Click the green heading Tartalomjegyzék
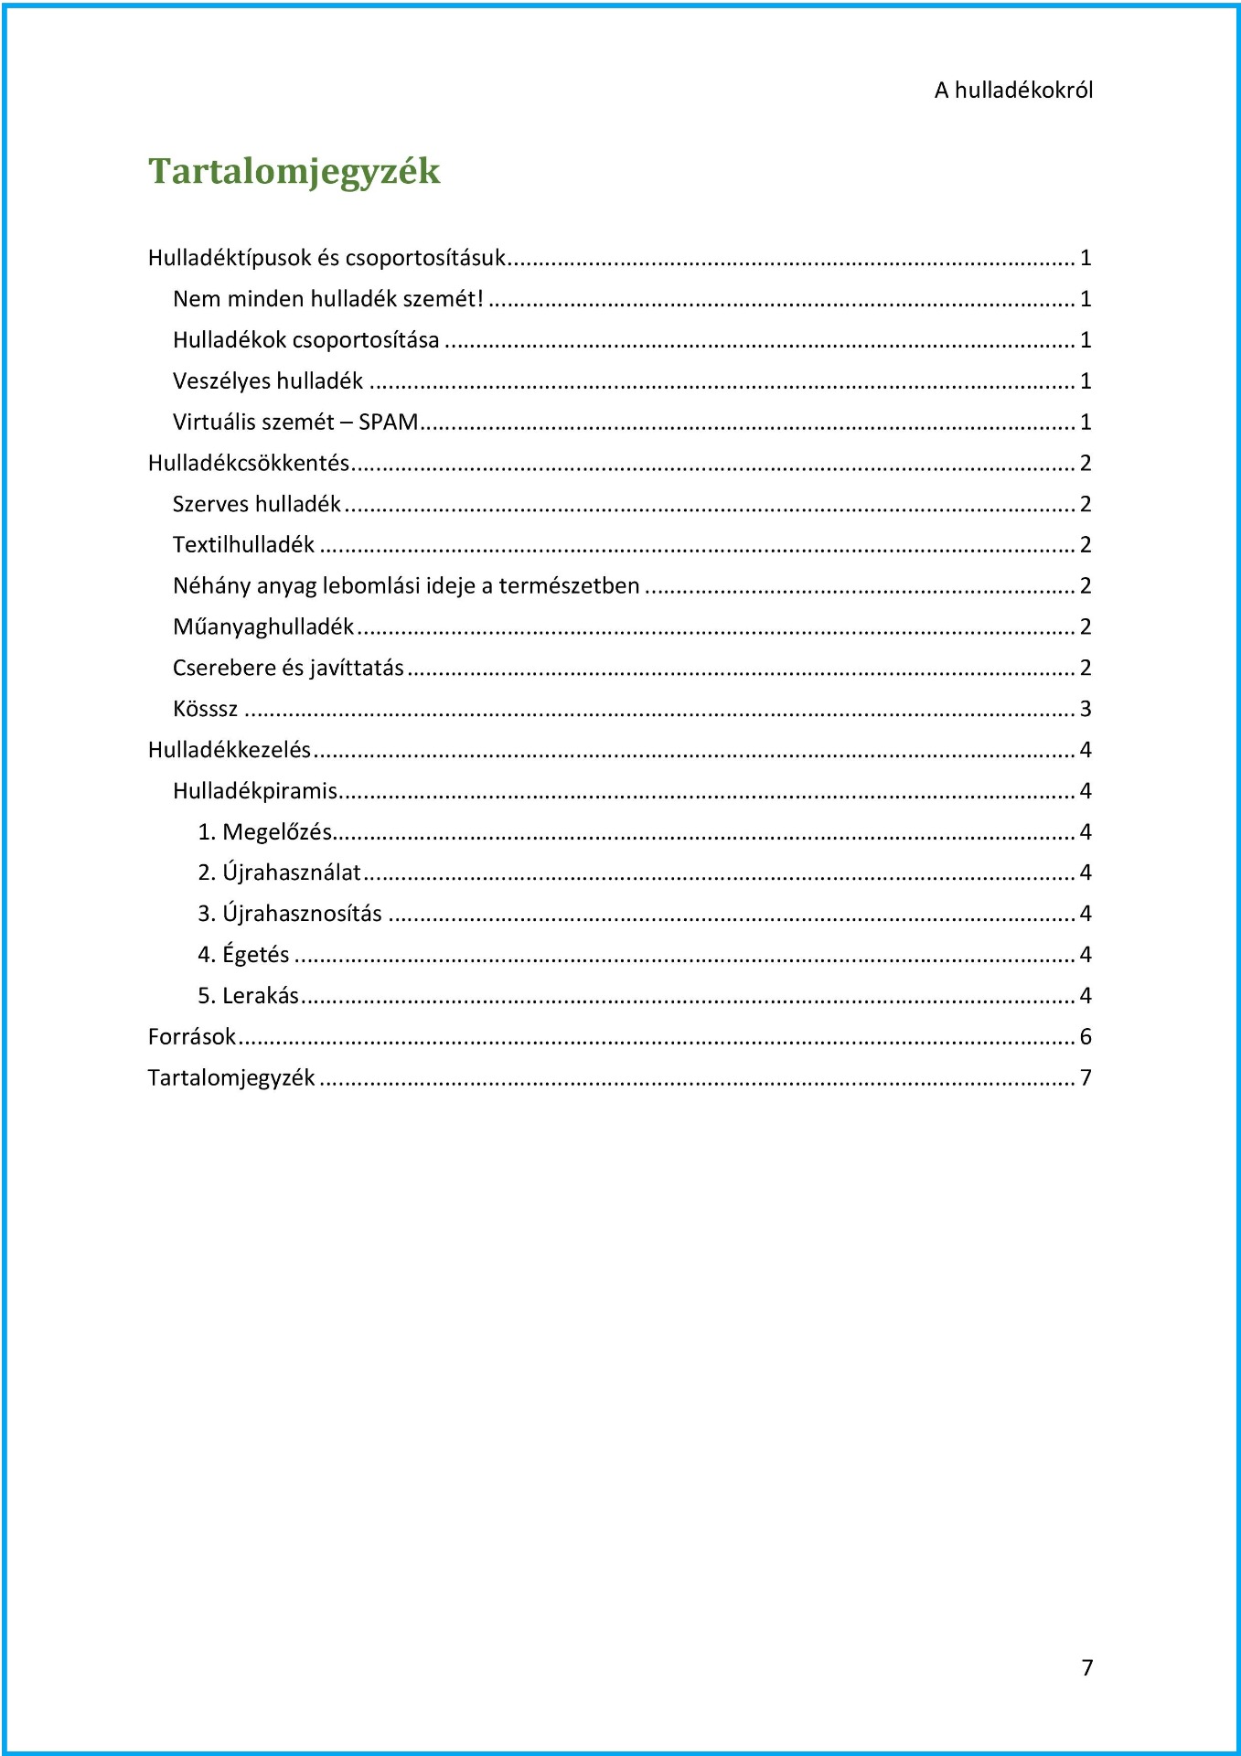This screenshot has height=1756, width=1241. [294, 171]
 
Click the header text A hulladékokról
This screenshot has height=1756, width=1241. [1013, 91]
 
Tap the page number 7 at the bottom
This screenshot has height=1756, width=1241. [1086, 1667]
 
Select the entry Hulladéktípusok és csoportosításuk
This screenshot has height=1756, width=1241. [326, 258]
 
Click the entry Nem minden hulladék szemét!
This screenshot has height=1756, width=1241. [327, 299]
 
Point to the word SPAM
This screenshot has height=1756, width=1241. [388, 423]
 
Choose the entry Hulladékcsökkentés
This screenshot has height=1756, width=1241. [249, 464]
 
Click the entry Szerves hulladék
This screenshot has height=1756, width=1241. [256, 505]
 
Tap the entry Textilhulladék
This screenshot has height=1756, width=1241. [243, 545]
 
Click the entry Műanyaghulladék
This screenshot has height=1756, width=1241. [263, 627]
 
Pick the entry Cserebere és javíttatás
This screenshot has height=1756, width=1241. [288, 669]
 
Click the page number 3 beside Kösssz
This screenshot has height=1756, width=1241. [1086, 710]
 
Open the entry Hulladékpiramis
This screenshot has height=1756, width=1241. [255, 791]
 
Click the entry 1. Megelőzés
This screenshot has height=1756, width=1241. [264, 832]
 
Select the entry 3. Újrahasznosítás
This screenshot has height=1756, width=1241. [290, 914]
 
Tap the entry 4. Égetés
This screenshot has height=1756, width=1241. [243, 955]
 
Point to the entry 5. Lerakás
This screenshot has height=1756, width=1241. [248, 996]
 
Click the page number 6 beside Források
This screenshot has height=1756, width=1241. [1086, 1037]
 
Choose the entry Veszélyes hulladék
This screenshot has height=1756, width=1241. [268, 381]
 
